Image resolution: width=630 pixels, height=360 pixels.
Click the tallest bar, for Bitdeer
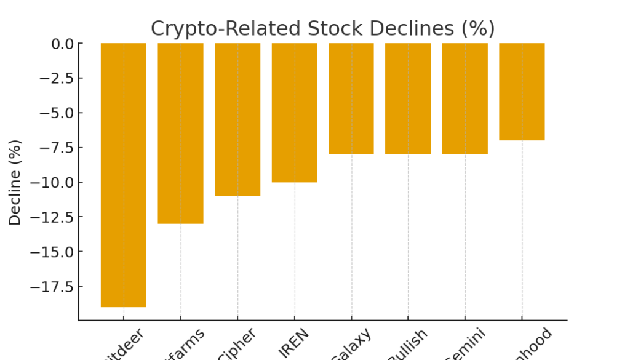coord(124,175)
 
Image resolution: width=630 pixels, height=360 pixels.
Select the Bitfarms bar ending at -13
coord(180,133)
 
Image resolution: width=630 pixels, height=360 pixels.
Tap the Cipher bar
coord(237,119)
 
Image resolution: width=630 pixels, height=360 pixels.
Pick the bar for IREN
coord(294,113)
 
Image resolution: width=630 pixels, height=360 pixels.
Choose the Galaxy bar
coord(351,98)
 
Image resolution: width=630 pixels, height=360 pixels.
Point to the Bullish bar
coord(408,98)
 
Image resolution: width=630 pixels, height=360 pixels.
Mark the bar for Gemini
coord(465,98)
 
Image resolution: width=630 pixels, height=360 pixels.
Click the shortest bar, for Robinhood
coord(522,92)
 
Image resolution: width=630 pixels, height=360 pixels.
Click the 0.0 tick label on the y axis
coord(62,44)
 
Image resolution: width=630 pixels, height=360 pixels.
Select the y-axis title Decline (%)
coord(15,182)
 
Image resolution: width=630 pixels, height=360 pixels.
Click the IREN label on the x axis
coord(294,342)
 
